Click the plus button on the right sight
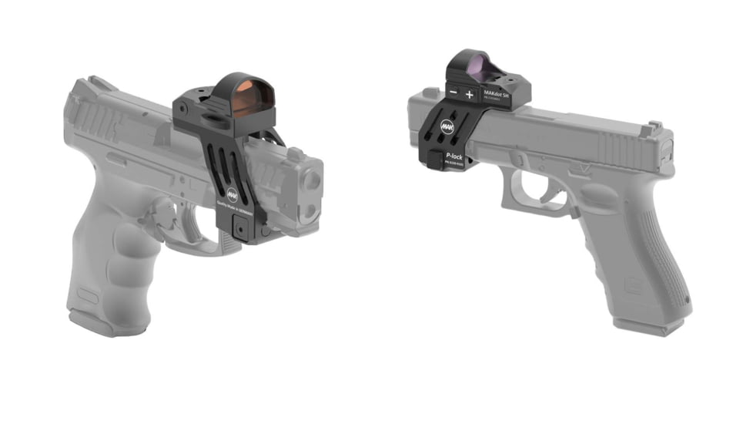[x=470, y=94]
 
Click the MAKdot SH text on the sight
[x=495, y=91]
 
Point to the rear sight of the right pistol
[x=655, y=126]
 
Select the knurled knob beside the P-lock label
[x=433, y=158]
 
